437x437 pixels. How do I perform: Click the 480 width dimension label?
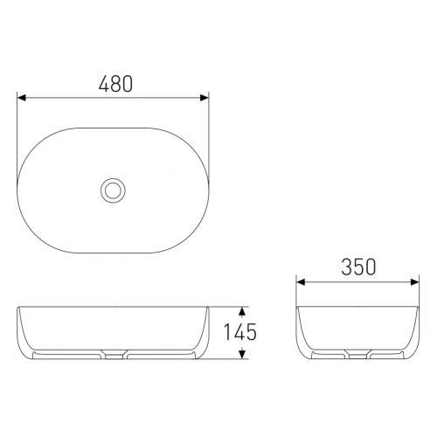point(115,84)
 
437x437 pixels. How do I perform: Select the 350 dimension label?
point(358,267)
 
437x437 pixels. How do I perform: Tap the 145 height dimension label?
point(239,332)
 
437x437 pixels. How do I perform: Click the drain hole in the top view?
point(113,191)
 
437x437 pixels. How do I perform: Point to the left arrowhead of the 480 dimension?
point(22,98)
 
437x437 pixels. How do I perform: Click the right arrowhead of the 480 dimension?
point(205,98)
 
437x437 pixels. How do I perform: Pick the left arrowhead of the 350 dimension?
point(301,282)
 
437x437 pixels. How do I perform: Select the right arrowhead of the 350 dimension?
point(414,282)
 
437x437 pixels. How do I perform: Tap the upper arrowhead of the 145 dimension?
point(241,312)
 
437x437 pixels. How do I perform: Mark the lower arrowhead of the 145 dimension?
point(241,354)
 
